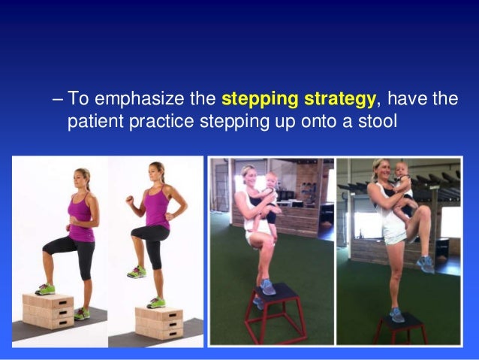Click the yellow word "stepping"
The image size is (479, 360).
(260, 99)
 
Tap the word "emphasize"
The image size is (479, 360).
(140, 98)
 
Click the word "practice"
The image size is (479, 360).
(161, 122)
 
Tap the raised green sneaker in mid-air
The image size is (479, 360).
(137, 272)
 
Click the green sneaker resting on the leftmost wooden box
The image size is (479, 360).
(45, 289)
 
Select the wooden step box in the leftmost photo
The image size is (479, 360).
(48, 310)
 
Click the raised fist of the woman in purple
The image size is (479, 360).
(131, 200)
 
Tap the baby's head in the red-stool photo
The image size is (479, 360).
(271, 180)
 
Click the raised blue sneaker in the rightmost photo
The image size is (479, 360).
(425, 264)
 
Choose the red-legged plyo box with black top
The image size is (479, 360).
(276, 313)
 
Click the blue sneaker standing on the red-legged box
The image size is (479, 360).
(267, 287)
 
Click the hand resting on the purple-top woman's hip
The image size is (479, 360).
(169, 216)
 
